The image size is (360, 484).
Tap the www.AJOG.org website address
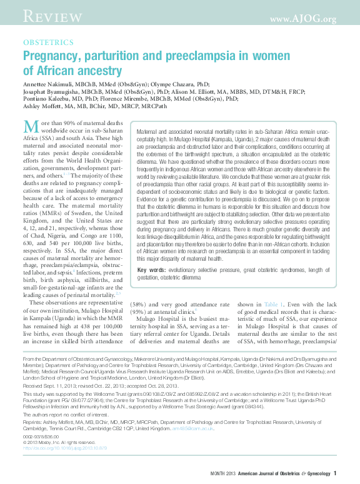click(302, 19)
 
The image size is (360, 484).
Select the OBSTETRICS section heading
click(47, 43)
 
